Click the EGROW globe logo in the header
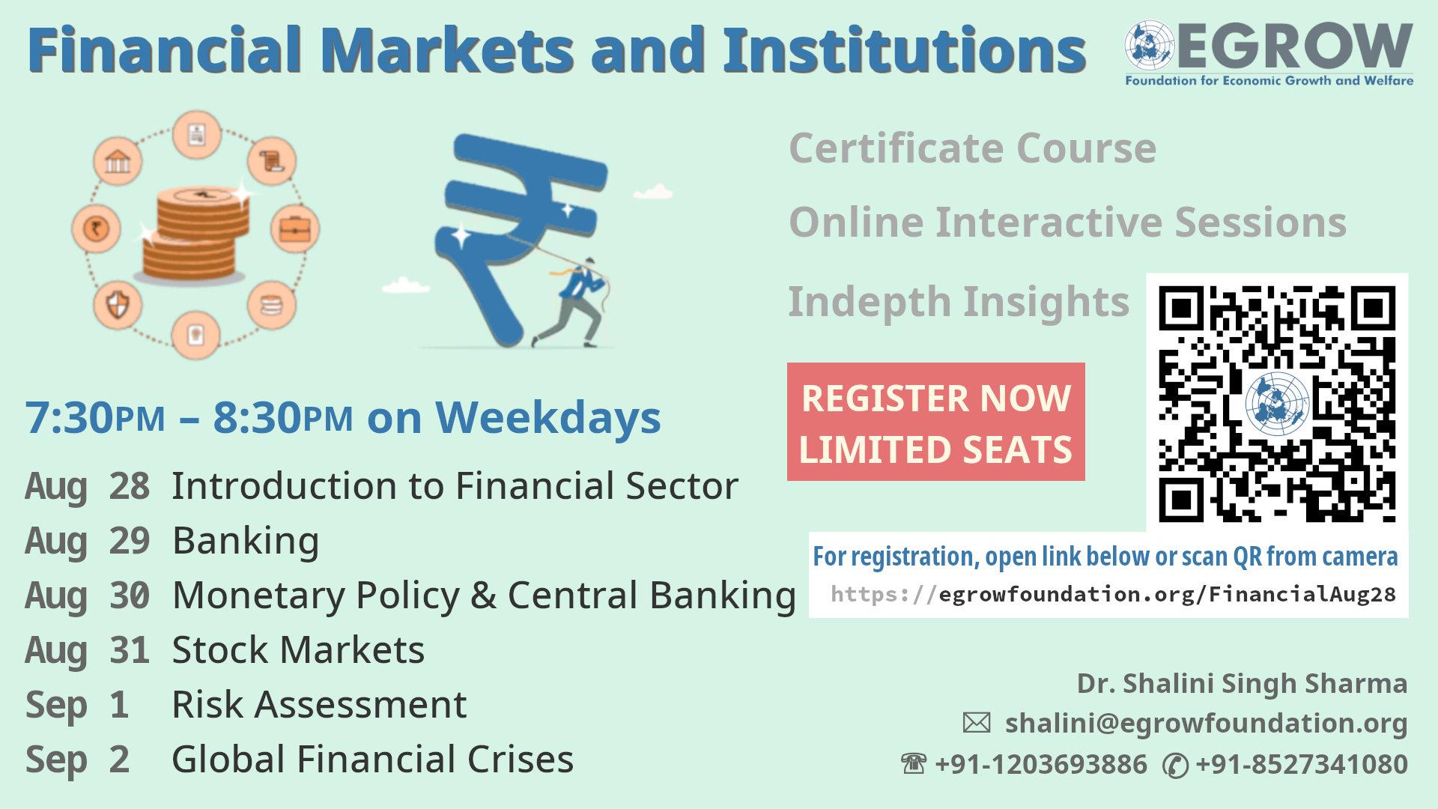[1150, 46]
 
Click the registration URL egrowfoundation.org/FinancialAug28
[1113, 594]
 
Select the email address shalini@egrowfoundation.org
[1206, 723]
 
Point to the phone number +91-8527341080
[1302, 764]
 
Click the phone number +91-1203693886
[1041, 764]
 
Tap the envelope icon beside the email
[977, 723]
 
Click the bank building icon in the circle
[118, 161]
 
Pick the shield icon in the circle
[118, 305]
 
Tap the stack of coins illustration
[196, 234]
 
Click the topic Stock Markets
[298, 649]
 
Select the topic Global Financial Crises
[373, 759]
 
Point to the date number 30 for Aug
[130, 596]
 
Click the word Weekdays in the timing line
[548, 418]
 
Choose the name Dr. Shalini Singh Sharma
[1242, 683]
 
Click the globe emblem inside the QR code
[1277, 403]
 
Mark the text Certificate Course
[973, 148]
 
